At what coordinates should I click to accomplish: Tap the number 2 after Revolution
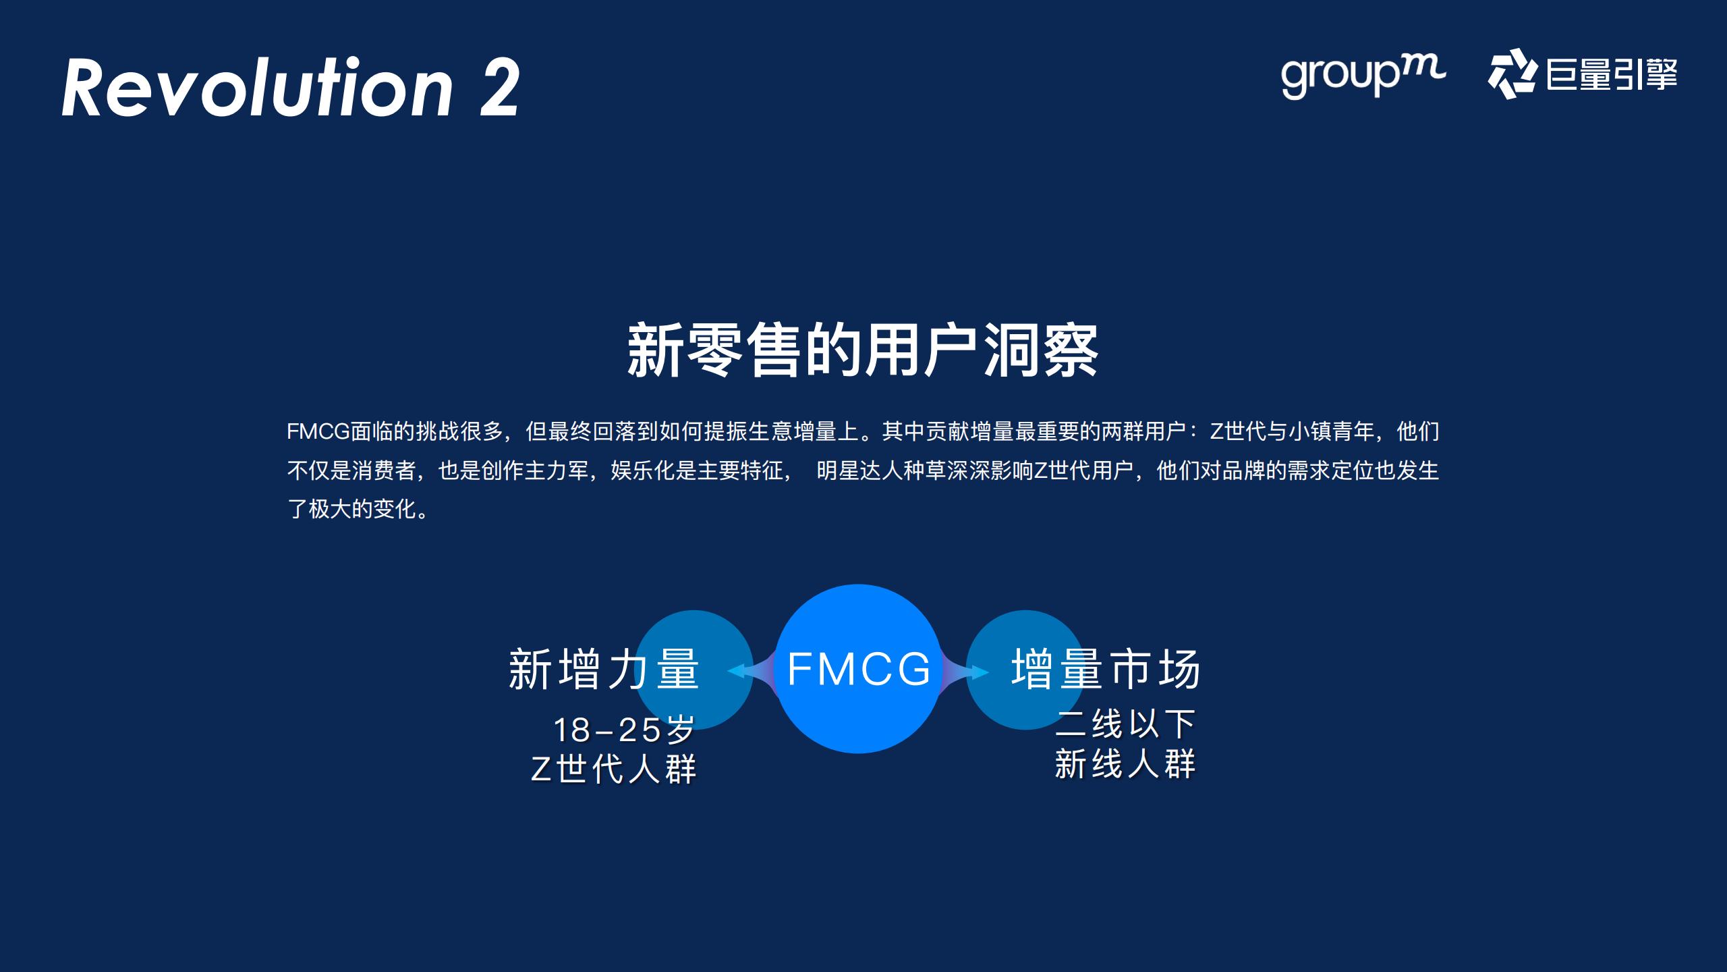pos(500,88)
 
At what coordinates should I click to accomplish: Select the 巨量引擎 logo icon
pos(1511,74)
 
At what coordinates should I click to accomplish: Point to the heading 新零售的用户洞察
pos(863,350)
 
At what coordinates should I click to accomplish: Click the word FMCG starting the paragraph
pos(318,431)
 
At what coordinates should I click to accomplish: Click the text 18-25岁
pos(624,729)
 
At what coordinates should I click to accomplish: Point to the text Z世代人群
pos(614,769)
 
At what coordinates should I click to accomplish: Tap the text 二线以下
pos(1125,724)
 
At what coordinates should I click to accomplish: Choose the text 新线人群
pos(1125,764)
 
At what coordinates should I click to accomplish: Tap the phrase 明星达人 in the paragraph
pos(859,470)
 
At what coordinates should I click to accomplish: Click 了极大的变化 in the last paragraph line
pos(351,509)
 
